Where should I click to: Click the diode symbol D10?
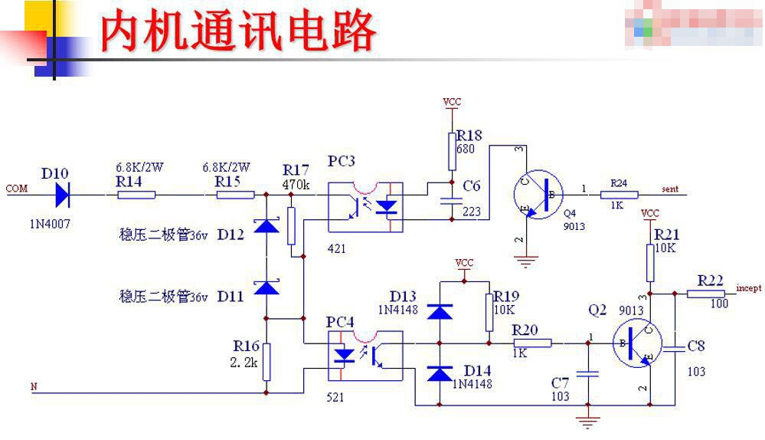pyautogui.click(x=65, y=195)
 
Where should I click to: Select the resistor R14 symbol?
pyautogui.click(x=136, y=195)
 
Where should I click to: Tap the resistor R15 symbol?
pyautogui.click(x=235, y=195)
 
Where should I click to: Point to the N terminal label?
pyautogui.click(x=33, y=386)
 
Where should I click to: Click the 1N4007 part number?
pyautogui.click(x=51, y=225)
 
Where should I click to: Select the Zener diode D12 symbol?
pyautogui.click(x=266, y=227)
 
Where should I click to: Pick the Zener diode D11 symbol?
pyautogui.click(x=266, y=288)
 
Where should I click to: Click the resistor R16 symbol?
pyautogui.click(x=266, y=361)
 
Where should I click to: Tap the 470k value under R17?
pyautogui.click(x=296, y=185)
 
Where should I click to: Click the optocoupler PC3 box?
pyautogui.click(x=365, y=207)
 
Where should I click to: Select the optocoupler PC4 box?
pyautogui.click(x=365, y=355)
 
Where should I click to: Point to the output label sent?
pyautogui.click(x=669, y=189)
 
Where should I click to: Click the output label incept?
pyautogui.click(x=748, y=288)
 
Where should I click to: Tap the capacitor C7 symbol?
pyautogui.click(x=587, y=374)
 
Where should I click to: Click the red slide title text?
pyautogui.click(x=239, y=32)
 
